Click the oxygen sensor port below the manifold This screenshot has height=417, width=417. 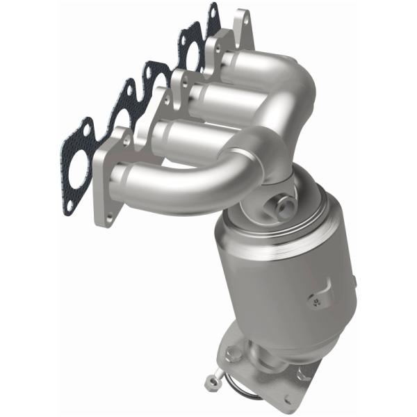pyautogui.click(x=284, y=206)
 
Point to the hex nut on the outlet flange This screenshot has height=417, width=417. pyautogui.click(x=303, y=375)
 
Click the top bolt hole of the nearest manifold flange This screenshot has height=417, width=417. pyautogui.click(x=126, y=140)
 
